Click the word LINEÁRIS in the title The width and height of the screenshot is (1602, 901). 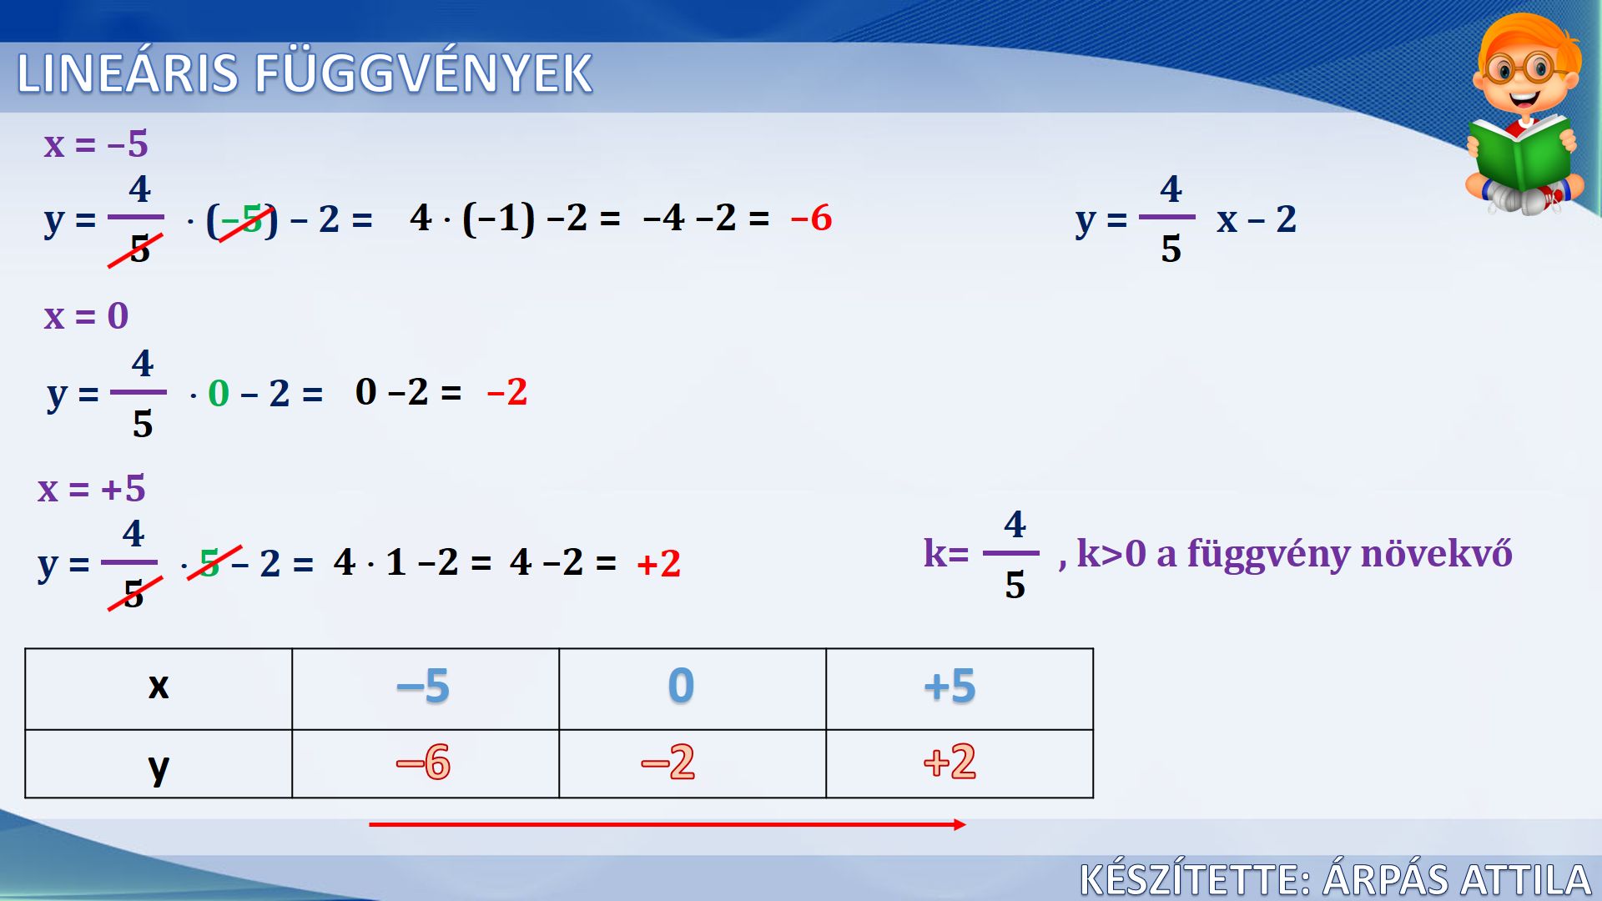128,73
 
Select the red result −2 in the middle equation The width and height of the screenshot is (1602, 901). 507,392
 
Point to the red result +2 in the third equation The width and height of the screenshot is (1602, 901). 659,564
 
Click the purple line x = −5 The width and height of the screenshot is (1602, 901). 96,144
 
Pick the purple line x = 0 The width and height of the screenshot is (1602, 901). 86,316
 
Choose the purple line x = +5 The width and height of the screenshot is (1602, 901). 92,489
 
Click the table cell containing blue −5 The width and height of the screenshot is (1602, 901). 426,689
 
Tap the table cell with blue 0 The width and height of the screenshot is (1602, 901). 693,689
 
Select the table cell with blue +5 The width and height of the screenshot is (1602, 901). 960,689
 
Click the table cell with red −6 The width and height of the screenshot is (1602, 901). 426,763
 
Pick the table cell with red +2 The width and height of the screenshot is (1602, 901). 960,763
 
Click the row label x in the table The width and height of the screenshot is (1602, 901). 159,687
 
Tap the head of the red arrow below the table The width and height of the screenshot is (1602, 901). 964,824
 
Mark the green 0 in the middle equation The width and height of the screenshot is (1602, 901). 219,393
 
